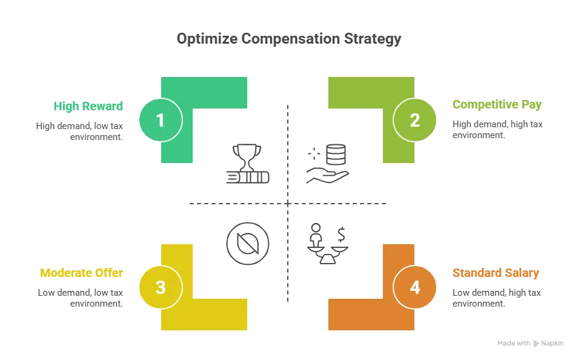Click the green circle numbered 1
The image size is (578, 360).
pos(160,120)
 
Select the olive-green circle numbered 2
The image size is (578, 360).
pos(414,120)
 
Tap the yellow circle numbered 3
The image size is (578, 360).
pos(160,287)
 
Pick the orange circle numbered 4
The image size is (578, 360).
pos(414,287)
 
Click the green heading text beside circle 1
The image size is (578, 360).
pos(89,106)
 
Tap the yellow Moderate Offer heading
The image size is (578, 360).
pos(81,273)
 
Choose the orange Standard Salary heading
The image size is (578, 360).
pos(496,273)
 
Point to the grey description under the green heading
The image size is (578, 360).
pos(79,130)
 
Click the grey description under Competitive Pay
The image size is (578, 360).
pos(496,130)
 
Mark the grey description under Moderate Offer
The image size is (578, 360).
pos(79,298)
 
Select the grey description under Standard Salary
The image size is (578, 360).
pos(496,298)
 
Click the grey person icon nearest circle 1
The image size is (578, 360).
pos(246,162)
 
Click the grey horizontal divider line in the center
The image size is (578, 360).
pos(288,204)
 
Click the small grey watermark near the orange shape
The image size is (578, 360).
pos(530,344)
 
